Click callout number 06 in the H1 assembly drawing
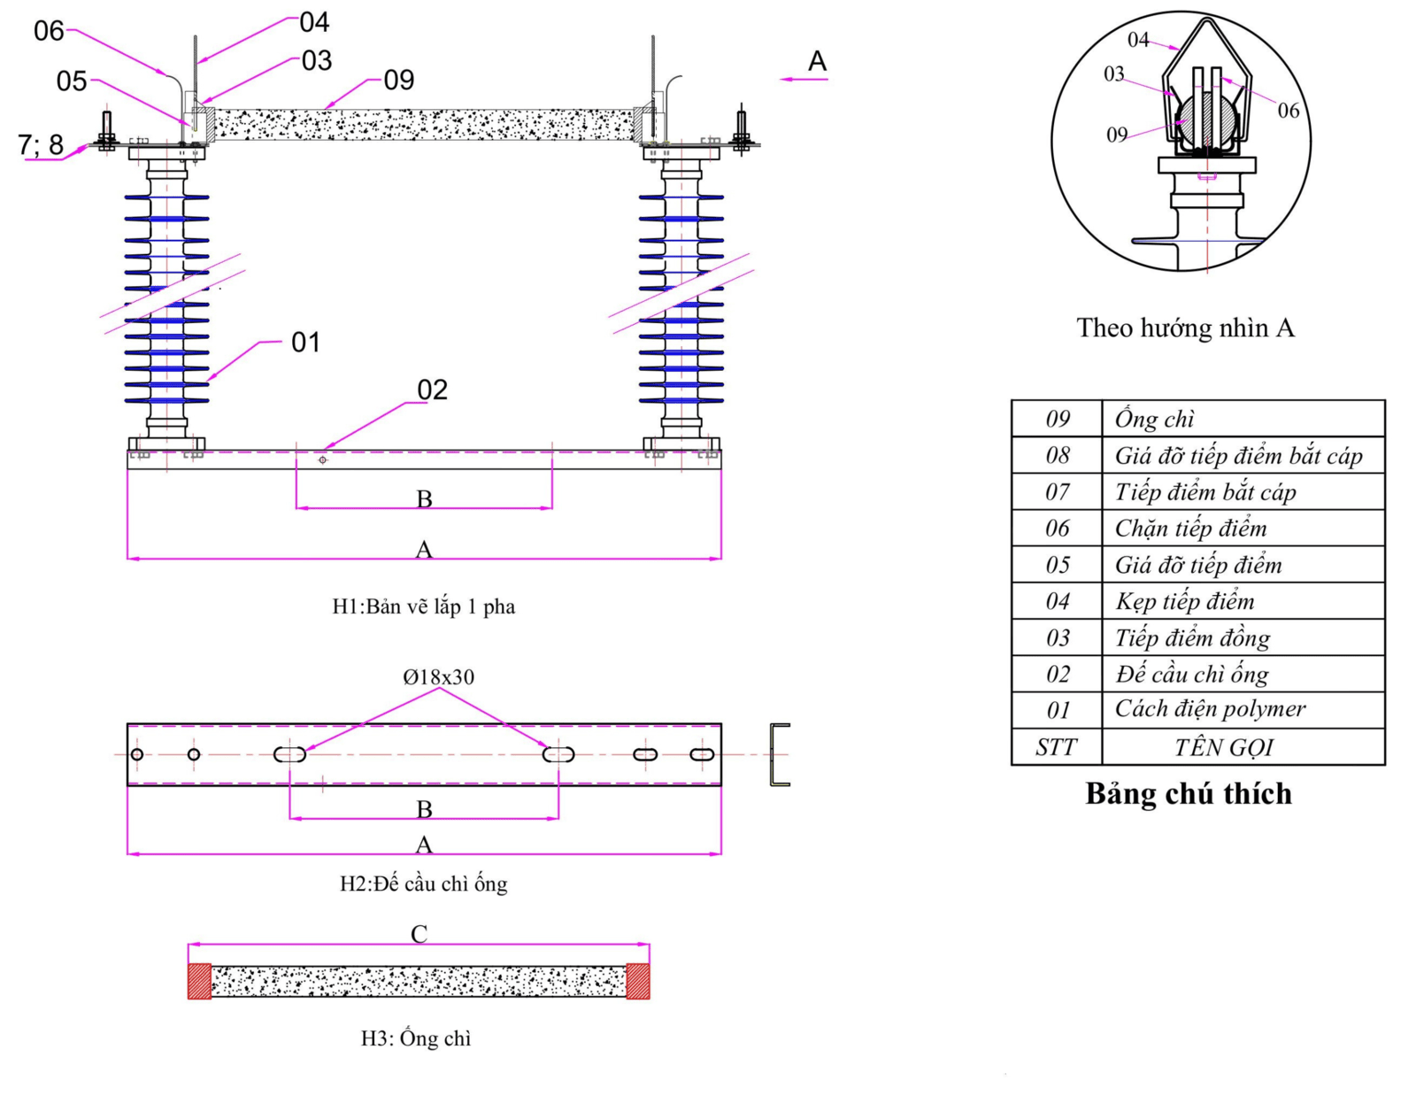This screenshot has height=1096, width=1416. point(49,31)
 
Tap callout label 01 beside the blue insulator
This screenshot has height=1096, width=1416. point(305,342)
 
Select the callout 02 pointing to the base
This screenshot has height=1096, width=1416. point(432,390)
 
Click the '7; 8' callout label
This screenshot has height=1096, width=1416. point(41,144)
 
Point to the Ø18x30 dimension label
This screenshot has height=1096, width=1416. point(439,677)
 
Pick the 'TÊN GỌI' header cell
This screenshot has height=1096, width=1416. point(1224,746)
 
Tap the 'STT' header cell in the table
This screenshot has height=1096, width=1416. point(1057,746)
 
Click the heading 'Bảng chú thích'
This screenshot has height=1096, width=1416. point(1189,793)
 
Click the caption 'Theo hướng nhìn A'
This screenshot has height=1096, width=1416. point(1185,328)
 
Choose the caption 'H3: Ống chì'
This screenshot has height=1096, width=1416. point(416,1038)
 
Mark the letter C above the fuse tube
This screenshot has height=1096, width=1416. point(419,933)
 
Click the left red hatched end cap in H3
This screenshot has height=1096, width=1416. point(199,981)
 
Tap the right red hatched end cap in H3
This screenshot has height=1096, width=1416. point(638,981)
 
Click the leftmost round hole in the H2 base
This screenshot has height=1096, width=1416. point(137,754)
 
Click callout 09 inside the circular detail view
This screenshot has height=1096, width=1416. point(1117,135)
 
